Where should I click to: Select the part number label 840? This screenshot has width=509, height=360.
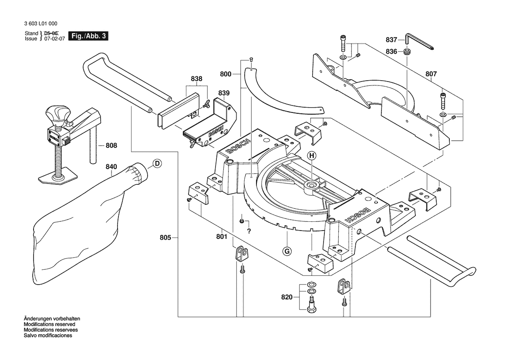click(x=111, y=166)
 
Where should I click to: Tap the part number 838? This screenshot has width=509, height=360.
click(x=196, y=79)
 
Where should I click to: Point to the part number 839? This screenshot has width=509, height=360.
click(x=224, y=93)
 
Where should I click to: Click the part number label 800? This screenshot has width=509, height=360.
click(x=226, y=75)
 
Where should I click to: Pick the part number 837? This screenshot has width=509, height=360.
click(x=391, y=40)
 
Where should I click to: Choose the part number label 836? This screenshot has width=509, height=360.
click(x=391, y=51)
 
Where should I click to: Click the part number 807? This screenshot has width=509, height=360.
click(x=431, y=74)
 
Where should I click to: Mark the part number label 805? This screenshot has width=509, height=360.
click(x=165, y=238)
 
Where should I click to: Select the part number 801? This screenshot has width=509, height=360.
click(x=222, y=237)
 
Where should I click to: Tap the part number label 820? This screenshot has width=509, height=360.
click(x=287, y=297)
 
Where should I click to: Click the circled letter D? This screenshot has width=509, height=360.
click(x=157, y=164)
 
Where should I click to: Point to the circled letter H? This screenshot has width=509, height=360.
click(x=312, y=155)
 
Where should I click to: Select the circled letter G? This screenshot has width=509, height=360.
click(x=287, y=251)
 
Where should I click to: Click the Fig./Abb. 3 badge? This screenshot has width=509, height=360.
click(x=88, y=36)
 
